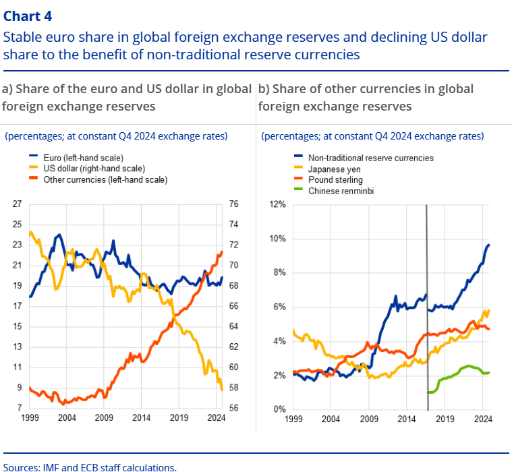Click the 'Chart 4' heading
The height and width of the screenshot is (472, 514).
27,15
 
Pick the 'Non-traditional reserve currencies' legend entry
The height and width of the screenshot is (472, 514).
370,158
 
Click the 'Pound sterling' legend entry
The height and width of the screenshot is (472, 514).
335,180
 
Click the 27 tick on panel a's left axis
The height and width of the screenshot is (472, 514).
18,204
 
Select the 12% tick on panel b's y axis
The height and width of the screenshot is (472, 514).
278,204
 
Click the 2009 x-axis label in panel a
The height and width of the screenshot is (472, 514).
103,419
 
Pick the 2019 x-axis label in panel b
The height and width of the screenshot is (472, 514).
445,419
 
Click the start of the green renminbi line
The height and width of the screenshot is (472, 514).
429,392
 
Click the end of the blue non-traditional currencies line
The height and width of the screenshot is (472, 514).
488,245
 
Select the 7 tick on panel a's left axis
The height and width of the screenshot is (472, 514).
20,409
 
